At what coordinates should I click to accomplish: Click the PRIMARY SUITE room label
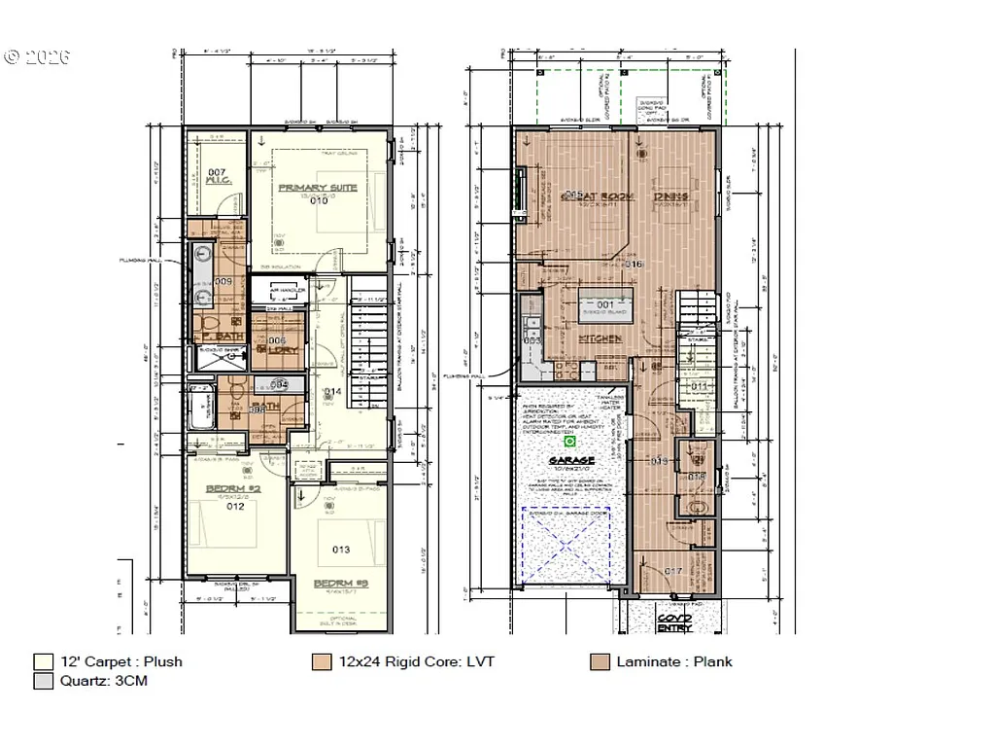318,187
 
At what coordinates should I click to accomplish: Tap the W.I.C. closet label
217,179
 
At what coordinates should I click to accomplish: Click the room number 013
341,550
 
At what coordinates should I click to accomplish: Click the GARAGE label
571,460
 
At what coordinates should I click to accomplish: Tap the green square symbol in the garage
571,440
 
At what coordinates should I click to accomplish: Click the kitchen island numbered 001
605,304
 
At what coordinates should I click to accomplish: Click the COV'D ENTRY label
673,622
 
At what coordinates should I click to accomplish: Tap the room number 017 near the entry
673,571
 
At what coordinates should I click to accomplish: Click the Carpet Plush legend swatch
41,662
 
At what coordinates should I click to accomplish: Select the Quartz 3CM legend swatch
41,681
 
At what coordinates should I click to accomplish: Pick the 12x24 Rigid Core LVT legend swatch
320,662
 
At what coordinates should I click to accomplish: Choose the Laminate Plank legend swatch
599,662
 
